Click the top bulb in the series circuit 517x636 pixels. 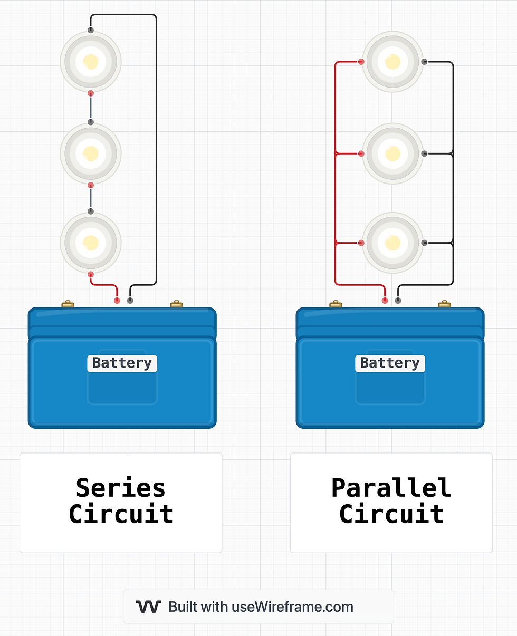click(91, 62)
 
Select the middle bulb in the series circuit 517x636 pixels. click(91, 153)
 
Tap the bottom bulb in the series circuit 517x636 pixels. click(91, 243)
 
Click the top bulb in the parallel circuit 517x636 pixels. click(392, 62)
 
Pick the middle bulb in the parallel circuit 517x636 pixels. click(392, 153)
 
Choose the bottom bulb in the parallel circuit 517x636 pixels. click(392, 243)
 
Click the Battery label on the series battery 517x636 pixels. click(122, 363)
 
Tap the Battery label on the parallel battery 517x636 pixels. click(390, 363)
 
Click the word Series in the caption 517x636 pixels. click(120, 488)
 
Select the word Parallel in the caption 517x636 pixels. click(391, 488)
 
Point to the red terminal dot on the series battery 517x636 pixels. click(117, 301)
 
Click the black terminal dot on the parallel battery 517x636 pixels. click(398, 301)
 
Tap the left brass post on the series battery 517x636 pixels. click(68, 304)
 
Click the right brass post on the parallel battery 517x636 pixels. click(445, 304)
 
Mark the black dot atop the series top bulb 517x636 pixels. click(91, 31)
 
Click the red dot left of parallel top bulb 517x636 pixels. click(361, 62)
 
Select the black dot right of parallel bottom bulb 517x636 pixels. click(424, 243)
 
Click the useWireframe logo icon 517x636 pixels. click(148, 606)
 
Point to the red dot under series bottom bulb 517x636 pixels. click(91, 275)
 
